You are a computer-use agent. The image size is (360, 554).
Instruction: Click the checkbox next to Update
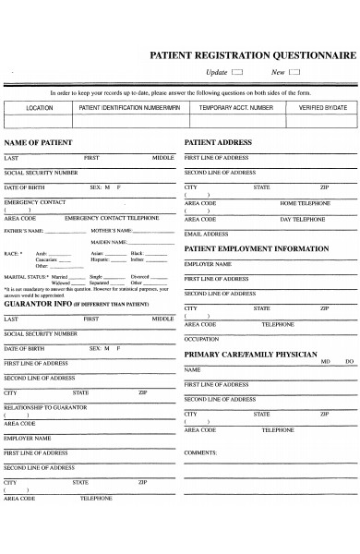237,72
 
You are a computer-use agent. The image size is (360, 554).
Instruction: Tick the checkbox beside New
295,72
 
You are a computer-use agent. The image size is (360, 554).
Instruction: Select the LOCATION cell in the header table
40,108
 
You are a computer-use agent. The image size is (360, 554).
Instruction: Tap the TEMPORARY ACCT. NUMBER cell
236,108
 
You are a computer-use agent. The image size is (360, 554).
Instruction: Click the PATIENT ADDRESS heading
219,143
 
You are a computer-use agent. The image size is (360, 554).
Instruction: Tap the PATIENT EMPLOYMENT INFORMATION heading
257,248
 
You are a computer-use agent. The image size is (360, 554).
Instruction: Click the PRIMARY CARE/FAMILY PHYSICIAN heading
251,354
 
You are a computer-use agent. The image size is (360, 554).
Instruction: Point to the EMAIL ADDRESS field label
206,235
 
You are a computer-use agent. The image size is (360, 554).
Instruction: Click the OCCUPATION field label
201,339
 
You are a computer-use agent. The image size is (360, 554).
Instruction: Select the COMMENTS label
200,452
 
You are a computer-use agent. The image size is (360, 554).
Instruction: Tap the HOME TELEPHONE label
303,202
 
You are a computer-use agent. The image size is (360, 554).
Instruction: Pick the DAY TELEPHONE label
303,219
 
